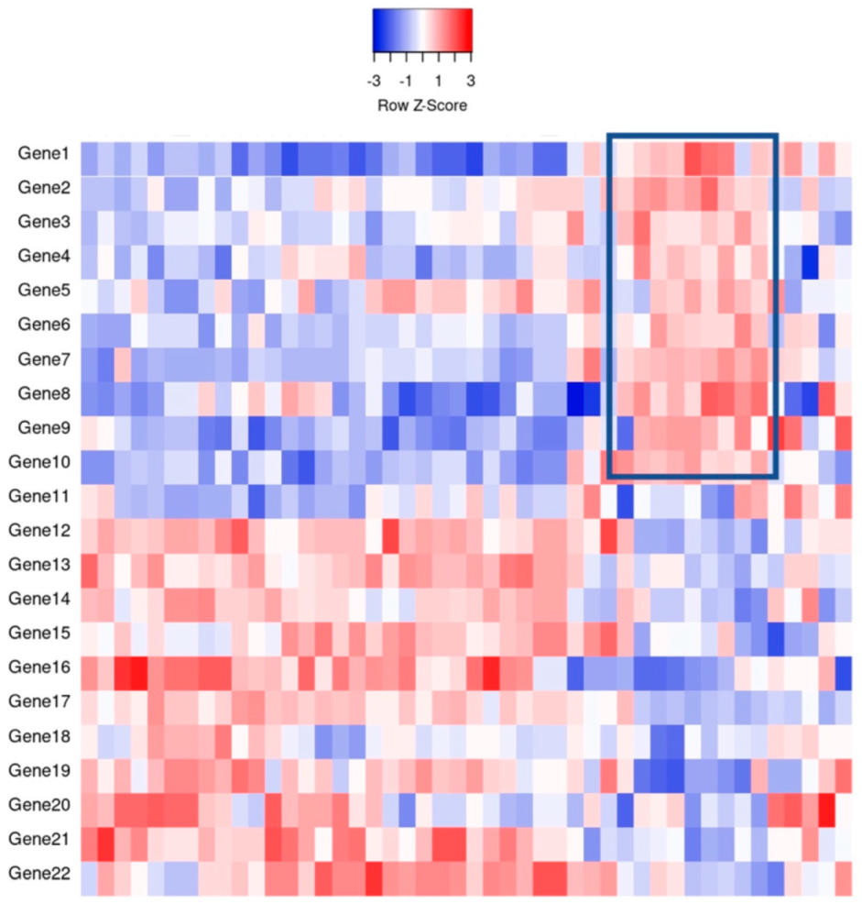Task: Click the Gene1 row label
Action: (x=43, y=154)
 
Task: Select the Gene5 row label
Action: (x=43, y=291)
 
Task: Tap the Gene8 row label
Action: (x=43, y=393)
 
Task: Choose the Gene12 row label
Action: (x=39, y=531)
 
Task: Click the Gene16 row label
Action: (x=39, y=667)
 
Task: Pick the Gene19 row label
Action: (x=39, y=770)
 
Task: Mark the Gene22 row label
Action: (x=39, y=873)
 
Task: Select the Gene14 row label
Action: (x=39, y=600)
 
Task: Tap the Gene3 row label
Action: (x=43, y=223)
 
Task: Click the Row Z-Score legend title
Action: (x=422, y=105)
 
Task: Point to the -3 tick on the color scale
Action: (x=375, y=81)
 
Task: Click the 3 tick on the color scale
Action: (x=470, y=81)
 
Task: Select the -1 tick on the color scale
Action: (x=407, y=81)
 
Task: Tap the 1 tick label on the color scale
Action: (x=439, y=81)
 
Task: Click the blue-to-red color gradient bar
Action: (x=422, y=28)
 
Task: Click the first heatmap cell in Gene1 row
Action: (x=89, y=159)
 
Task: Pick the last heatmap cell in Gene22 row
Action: (x=844, y=877)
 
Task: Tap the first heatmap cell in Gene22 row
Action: (x=89, y=877)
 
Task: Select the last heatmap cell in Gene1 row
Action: (x=844, y=159)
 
